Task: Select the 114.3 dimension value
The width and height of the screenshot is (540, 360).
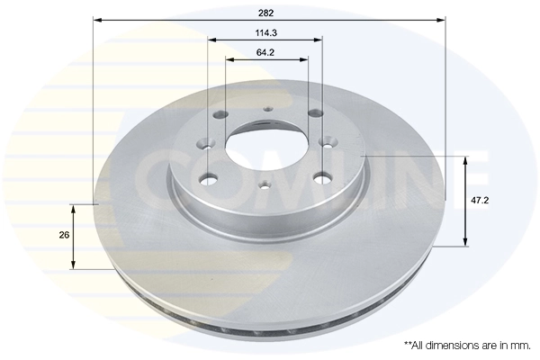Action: point(265,33)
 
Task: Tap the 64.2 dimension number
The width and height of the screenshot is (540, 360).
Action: point(265,53)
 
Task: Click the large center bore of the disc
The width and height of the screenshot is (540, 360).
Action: point(266,143)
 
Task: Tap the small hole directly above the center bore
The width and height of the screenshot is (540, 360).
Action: point(266,111)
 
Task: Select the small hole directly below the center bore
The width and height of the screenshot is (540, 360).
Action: point(265,184)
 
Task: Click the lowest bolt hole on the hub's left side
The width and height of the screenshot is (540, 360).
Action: point(210,176)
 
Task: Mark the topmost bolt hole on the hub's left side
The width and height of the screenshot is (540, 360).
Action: point(219,114)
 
